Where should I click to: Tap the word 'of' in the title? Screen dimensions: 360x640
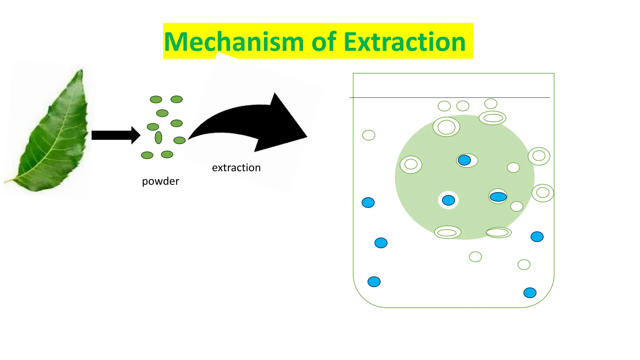tap(324, 42)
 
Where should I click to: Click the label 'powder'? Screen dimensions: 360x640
tap(160, 181)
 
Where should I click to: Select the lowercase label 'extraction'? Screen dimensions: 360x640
tap(236, 168)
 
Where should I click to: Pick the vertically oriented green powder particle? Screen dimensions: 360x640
tap(158, 137)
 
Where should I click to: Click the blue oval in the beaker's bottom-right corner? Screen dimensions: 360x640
tap(530, 293)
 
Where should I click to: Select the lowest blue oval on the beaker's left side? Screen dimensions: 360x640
tap(374, 282)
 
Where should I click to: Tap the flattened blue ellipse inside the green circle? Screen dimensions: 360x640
tap(498, 197)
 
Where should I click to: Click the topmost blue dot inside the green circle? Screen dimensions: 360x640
tap(464, 160)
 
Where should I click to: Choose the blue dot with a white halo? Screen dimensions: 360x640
tap(448, 200)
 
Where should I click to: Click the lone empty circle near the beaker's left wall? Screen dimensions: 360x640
tap(368, 135)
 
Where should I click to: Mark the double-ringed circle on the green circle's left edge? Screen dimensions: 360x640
tap(411, 164)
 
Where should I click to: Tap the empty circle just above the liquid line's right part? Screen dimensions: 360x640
tap(491, 103)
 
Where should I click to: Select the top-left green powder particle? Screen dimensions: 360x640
tap(156, 99)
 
